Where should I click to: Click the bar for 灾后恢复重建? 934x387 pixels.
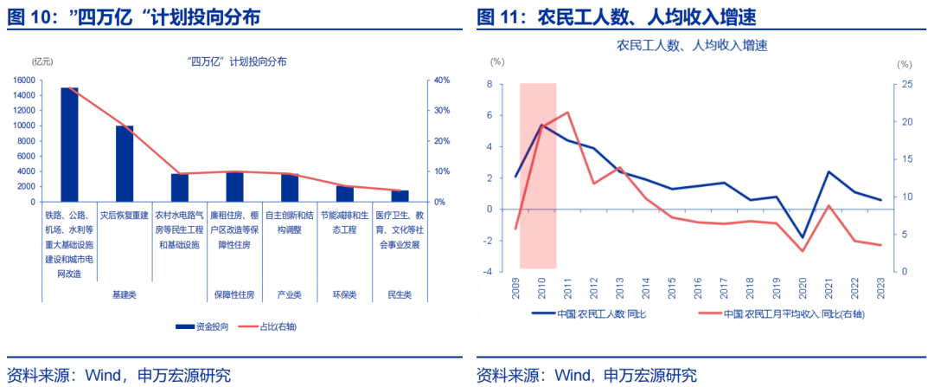point(125,164)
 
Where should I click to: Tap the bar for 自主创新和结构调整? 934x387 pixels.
point(290,187)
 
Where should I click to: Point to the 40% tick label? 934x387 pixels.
point(441,81)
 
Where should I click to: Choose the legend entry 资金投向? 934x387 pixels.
point(204,326)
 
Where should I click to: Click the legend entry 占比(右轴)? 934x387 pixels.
point(276,326)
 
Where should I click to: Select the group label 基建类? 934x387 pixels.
point(125,294)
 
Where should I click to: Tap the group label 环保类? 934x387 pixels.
point(345,294)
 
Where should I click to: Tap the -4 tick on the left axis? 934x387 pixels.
point(489,271)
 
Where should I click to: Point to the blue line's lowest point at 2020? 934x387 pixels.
point(803,237)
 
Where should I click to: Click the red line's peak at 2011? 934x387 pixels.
point(567,113)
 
